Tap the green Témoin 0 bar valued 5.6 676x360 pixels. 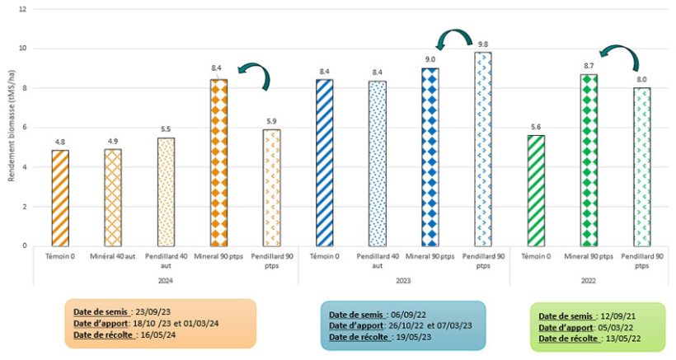pyautogui.click(x=536, y=190)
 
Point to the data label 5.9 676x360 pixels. pyautogui.click(x=271, y=121)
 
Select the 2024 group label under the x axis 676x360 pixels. pyautogui.click(x=165, y=278)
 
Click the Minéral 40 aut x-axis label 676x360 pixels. pyautogui.click(x=113, y=257)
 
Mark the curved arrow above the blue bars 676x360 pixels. pyautogui.click(x=452, y=40)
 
